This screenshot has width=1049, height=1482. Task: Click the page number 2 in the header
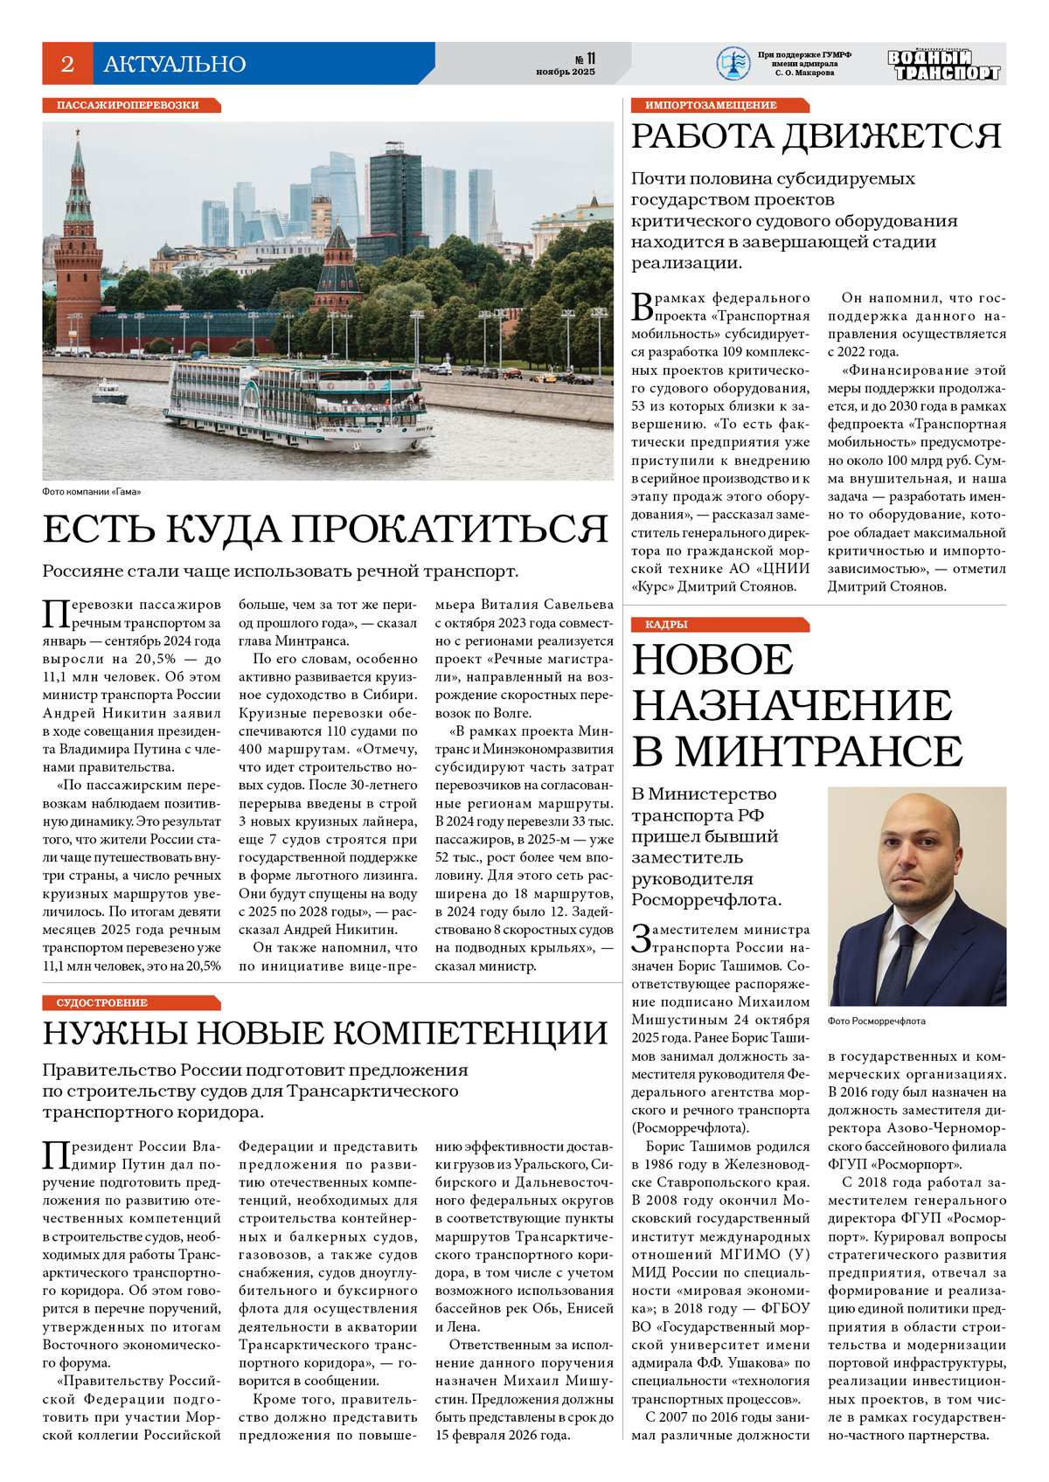pyautogui.click(x=67, y=64)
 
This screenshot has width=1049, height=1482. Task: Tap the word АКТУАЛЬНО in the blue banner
pyautogui.click(x=175, y=64)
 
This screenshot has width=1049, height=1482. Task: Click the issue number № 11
pyautogui.click(x=585, y=59)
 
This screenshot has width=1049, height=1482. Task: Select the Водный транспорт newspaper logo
pyautogui.click(x=943, y=65)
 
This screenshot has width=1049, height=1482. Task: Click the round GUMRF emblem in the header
pyautogui.click(x=733, y=64)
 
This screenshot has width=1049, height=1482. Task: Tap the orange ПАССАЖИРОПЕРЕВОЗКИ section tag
pyautogui.click(x=128, y=106)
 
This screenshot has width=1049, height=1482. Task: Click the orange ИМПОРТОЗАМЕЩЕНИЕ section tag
pyautogui.click(x=711, y=106)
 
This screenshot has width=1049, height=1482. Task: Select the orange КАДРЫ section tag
pyautogui.click(x=666, y=625)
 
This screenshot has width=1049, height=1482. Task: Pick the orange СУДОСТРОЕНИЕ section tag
pyautogui.click(x=102, y=1003)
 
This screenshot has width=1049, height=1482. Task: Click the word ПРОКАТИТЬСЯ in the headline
pyautogui.click(x=449, y=530)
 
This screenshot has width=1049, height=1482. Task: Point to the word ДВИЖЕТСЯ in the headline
pyautogui.click(x=890, y=137)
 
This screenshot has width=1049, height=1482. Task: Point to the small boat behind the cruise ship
pyautogui.click(x=110, y=391)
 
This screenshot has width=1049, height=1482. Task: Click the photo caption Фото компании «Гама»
pyautogui.click(x=91, y=492)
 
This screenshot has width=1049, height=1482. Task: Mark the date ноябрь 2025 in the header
pyautogui.click(x=566, y=72)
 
